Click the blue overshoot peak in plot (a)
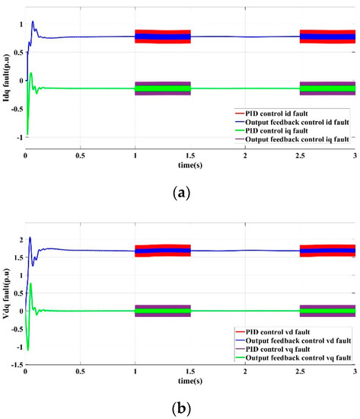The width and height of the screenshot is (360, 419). point(33,21)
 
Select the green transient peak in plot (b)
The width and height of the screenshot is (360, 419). point(31,283)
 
